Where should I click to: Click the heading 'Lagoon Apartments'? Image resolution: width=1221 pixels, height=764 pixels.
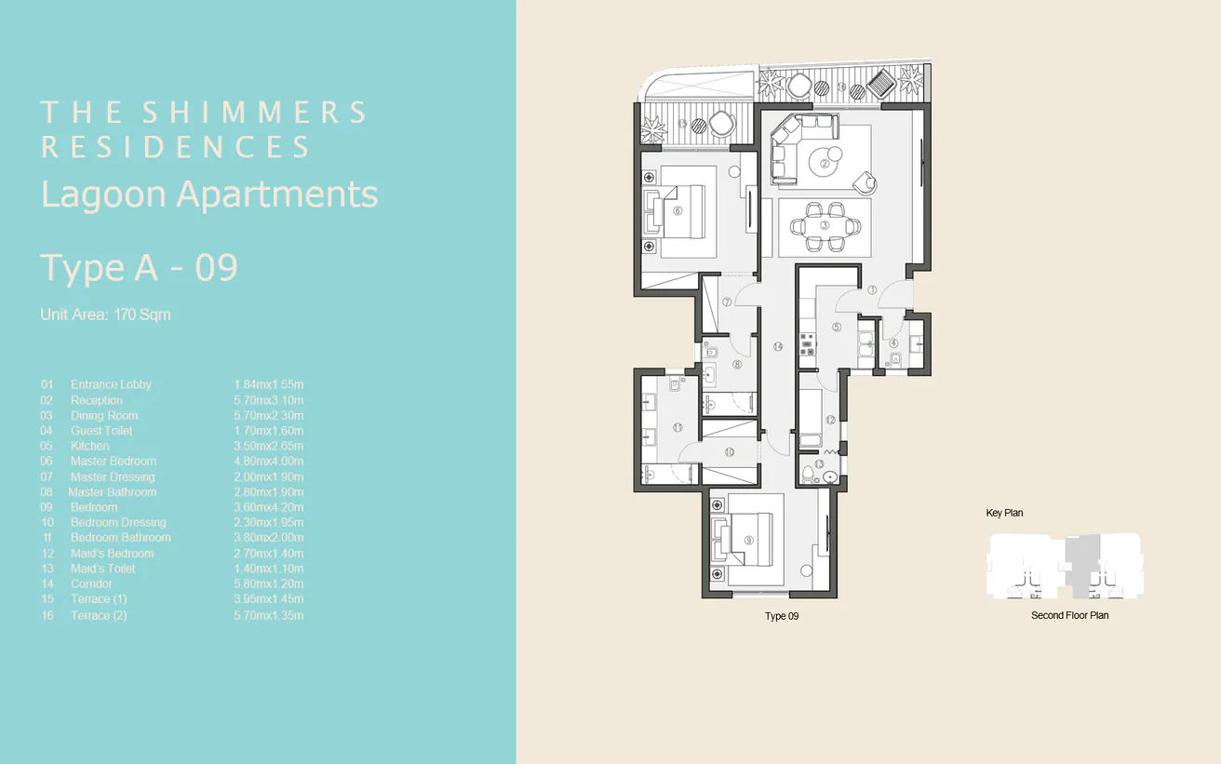pos(209,194)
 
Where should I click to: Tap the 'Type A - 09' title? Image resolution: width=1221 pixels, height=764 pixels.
pos(140,268)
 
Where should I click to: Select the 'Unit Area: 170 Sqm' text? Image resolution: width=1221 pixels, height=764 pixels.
pos(105,315)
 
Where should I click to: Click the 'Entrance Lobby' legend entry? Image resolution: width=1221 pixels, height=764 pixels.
pos(111,384)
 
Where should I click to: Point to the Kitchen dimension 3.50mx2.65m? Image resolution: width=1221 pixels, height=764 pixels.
pos(269,446)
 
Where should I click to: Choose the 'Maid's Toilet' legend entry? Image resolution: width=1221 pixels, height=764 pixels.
pos(102,569)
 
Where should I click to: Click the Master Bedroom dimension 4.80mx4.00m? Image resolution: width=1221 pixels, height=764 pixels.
pos(269,462)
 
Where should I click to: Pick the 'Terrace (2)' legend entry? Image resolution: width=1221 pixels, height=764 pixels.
pos(98,615)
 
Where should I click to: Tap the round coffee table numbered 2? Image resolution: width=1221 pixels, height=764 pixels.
pos(824,165)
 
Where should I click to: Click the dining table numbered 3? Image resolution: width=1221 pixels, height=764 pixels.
pos(825,225)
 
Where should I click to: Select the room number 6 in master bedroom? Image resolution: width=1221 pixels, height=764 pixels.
pos(678,210)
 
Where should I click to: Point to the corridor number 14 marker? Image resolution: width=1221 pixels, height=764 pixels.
pos(777,346)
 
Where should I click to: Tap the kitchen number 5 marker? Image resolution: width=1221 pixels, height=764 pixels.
pos(837,327)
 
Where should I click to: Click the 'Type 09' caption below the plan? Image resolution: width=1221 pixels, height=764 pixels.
pos(782,616)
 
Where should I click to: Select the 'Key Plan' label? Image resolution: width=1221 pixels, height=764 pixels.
pos(1004,513)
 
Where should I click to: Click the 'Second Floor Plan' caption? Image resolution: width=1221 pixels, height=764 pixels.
pos(1069,615)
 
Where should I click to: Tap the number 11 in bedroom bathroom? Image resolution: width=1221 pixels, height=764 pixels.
pos(678,427)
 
